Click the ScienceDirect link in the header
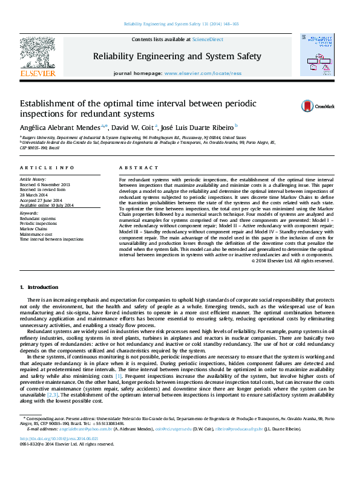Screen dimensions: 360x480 pyautogui.click(x=208, y=39)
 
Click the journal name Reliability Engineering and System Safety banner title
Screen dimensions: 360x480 pyautogui.click(x=177, y=56)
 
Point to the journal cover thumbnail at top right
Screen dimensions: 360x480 pyautogui.click(x=316, y=55)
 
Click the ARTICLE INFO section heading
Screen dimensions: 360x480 pyautogui.click(x=47, y=167)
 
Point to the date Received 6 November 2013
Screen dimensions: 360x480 pyautogui.click(x=45, y=184)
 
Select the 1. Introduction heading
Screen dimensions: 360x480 pyautogui.click(x=39, y=287)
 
